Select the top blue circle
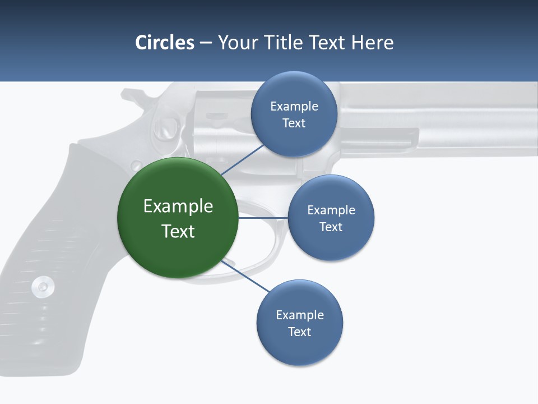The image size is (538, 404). pyautogui.click(x=294, y=114)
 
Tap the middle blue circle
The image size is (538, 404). pyautogui.click(x=331, y=218)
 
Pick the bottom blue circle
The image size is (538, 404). pyautogui.click(x=300, y=323)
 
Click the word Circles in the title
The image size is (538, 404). pyautogui.click(x=165, y=43)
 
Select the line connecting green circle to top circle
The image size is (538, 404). pyautogui.click(x=242, y=159)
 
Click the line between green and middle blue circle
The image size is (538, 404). pyautogui.click(x=262, y=218)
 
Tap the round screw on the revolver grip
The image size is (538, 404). pyautogui.click(x=43, y=287)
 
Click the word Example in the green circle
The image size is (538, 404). pyautogui.click(x=178, y=206)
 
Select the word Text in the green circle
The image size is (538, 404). pyautogui.click(x=178, y=231)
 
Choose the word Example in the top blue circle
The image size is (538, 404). pyautogui.click(x=294, y=106)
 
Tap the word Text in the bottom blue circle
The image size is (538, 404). pyautogui.click(x=300, y=332)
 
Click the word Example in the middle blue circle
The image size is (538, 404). pyautogui.click(x=331, y=210)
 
